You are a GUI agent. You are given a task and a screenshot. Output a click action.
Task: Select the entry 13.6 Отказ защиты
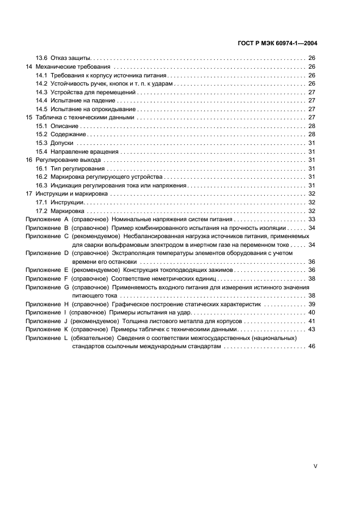pos(63,58)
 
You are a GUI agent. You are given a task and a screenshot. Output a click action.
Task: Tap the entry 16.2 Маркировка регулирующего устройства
pos(99,177)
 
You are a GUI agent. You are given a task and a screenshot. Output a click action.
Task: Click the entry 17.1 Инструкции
pos(60,202)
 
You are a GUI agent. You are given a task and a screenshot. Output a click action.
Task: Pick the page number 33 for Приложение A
pos(312,219)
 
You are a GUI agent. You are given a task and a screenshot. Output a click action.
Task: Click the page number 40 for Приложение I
pos(312,313)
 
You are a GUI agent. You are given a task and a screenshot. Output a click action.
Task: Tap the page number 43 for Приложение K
pos(312,330)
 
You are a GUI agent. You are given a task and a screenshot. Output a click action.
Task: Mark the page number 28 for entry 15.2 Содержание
pos(312,135)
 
